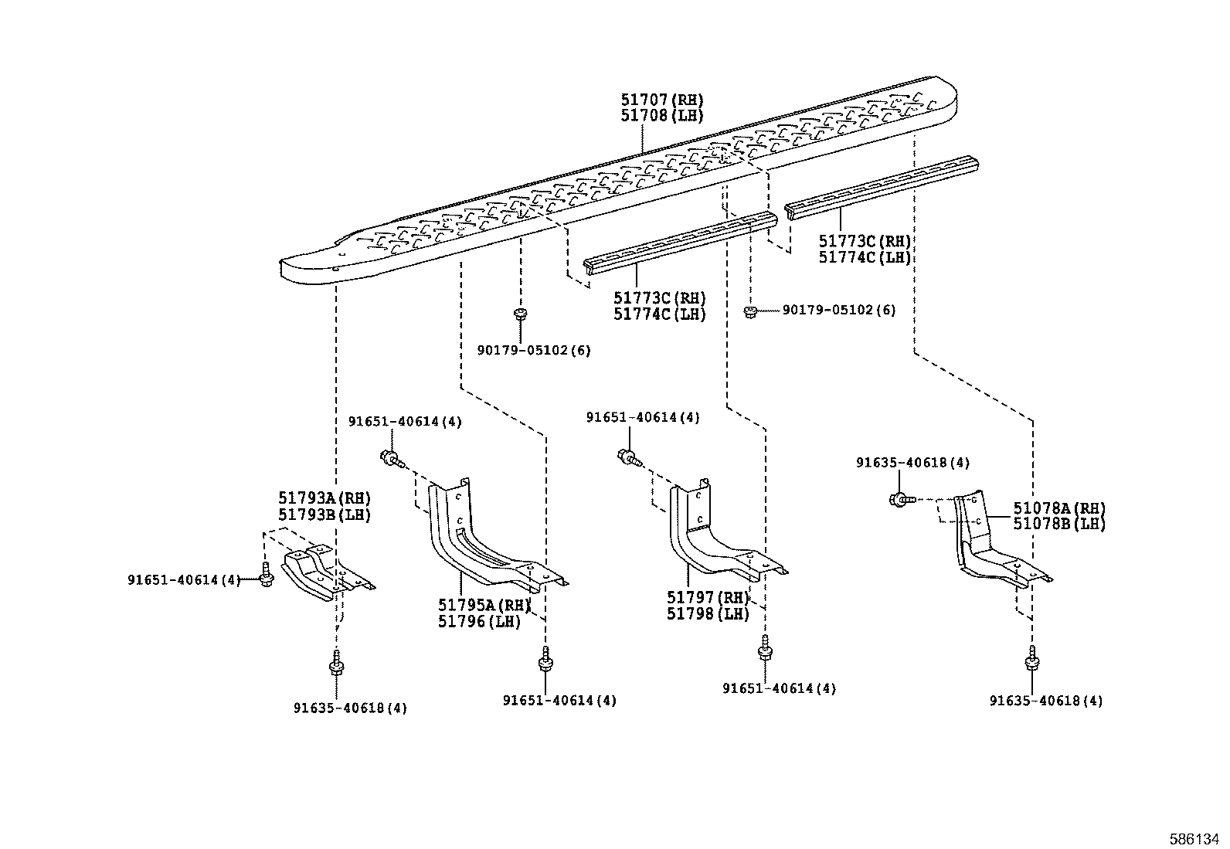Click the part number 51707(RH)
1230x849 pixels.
(x=662, y=100)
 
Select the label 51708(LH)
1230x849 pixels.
(x=662, y=116)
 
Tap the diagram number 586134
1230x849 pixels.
(x=1197, y=839)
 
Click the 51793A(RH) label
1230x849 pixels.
(x=324, y=498)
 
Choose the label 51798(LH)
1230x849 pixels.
(x=708, y=613)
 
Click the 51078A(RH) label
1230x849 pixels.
(x=1059, y=508)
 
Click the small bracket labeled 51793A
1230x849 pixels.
(x=324, y=572)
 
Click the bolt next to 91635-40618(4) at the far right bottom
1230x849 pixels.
(x=1032, y=662)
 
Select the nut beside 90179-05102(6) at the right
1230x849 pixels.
(x=749, y=311)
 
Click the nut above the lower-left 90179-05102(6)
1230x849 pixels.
(x=520, y=313)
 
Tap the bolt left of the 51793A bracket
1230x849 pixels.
(x=265, y=577)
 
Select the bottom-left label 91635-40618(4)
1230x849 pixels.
(x=350, y=708)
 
